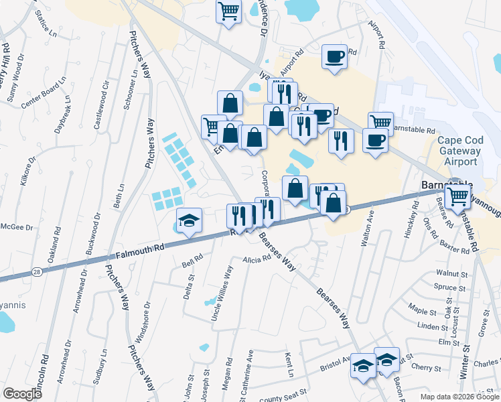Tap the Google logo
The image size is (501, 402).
[x=22, y=394]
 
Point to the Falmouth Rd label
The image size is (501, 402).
[x=140, y=252]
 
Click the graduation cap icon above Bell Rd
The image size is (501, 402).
[x=190, y=220]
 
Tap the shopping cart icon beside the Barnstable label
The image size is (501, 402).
[x=458, y=196]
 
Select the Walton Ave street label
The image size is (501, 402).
[x=367, y=228]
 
